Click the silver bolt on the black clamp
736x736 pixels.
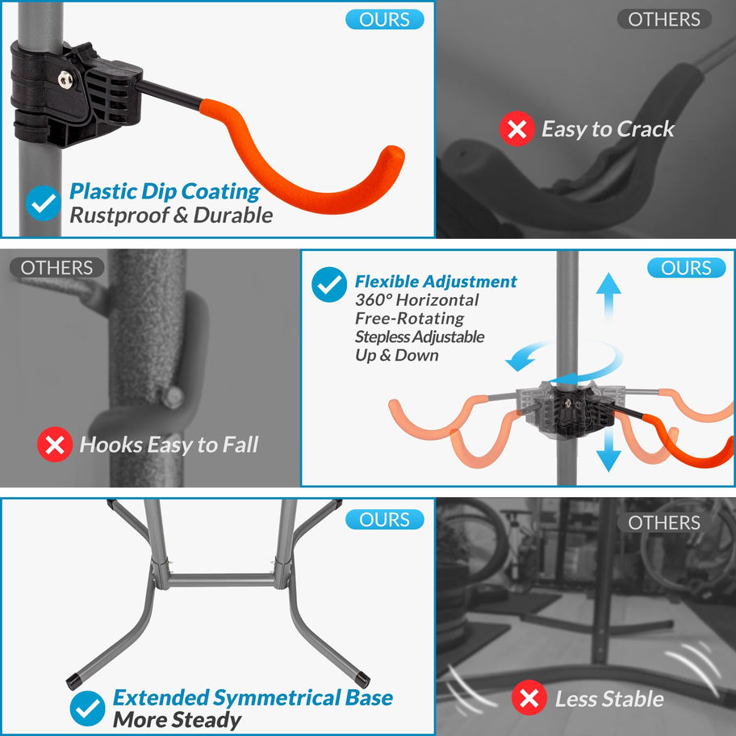coord(65,80)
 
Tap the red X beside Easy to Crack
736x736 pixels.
coord(516,128)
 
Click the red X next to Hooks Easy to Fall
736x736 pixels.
coord(55,444)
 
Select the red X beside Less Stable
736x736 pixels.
coord(529,698)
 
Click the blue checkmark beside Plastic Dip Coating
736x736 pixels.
coord(44,203)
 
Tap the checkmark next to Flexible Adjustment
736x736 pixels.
coord(329,284)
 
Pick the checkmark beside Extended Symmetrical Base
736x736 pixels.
coord(87,709)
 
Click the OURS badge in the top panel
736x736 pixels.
coord(384,19)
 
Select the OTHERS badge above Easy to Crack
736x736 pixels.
coord(663,19)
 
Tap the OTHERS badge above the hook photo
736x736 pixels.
coord(56,268)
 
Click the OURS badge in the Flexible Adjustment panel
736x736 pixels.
coord(686,268)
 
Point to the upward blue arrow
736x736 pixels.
coord(608,297)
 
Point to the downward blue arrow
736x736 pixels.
coord(608,448)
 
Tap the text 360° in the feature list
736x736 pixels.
coord(375,300)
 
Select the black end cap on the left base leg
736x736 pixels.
coord(73,682)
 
